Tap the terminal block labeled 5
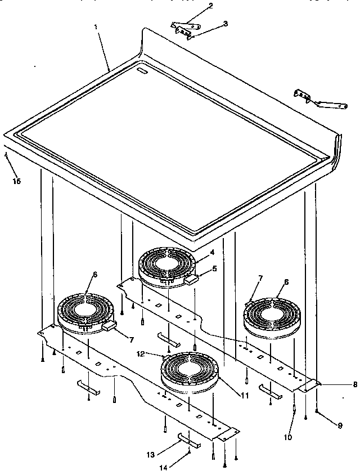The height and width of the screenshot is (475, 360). (x=194, y=277)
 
